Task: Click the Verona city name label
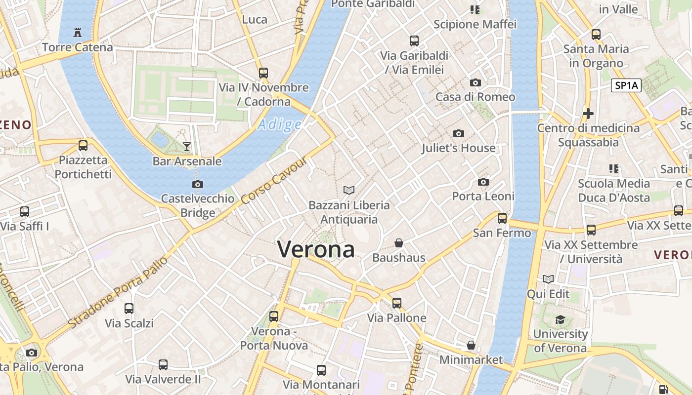click(316, 249)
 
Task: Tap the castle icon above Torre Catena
click(78, 33)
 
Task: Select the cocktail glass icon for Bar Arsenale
click(187, 146)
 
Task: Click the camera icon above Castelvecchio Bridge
click(197, 185)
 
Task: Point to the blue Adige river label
click(279, 124)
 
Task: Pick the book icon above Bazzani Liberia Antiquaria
click(349, 190)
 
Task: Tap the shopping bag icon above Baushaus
click(399, 243)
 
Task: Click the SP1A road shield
click(626, 85)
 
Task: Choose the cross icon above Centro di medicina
click(588, 114)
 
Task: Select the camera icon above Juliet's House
click(459, 133)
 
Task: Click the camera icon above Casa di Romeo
click(476, 82)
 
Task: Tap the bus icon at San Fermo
click(502, 218)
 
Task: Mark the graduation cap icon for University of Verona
click(560, 319)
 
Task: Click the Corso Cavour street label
click(275, 181)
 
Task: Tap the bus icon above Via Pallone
click(397, 303)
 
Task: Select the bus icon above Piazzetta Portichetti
click(83, 146)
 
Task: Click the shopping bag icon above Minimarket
click(471, 345)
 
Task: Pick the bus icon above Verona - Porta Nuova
click(274, 316)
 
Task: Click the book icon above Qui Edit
click(548, 279)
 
